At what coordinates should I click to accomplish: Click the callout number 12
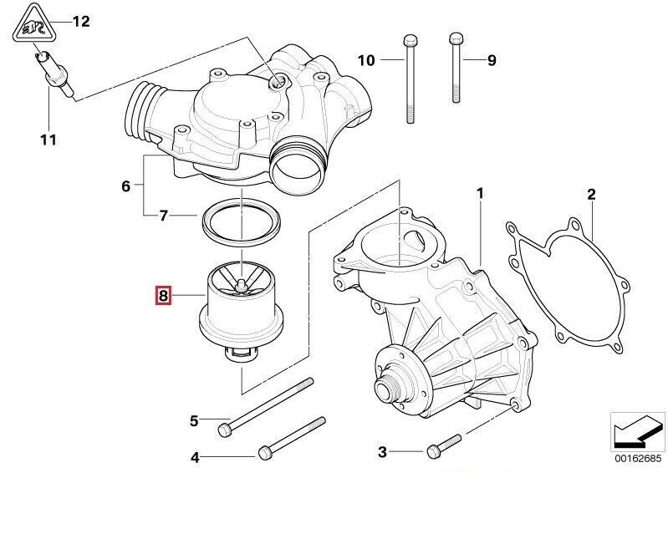(81, 22)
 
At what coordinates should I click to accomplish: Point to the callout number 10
(367, 60)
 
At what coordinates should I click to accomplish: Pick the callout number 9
(492, 60)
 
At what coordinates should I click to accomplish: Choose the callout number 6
(125, 186)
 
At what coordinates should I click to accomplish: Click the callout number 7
(165, 216)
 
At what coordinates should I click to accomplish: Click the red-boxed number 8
(163, 295)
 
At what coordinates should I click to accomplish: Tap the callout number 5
(193, 420)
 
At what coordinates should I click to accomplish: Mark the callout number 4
(195, 457)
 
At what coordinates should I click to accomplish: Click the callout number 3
(382, 452)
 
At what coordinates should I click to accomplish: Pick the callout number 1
(480, 195)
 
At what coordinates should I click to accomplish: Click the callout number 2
(591, 196)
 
